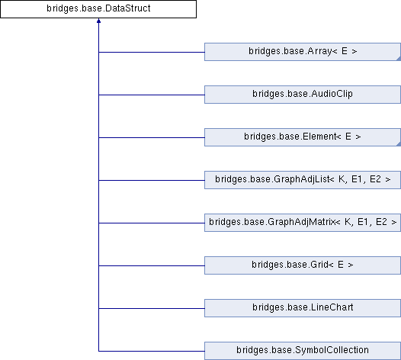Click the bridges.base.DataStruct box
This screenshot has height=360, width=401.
click(x=98, y=9)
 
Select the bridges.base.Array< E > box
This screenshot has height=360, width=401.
click(x=303, y=52)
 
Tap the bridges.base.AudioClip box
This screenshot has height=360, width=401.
click(x=303, y=95)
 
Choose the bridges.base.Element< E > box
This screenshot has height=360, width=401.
click(x=303, y=137)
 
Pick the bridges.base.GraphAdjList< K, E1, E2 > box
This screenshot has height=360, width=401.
click(x=303, y=180)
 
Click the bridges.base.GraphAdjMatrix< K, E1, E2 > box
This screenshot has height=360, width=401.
click(x=303, y=223)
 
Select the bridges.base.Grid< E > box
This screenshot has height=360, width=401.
click(x=303, y=265)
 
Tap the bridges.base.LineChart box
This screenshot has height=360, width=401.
click(x=303, y=308)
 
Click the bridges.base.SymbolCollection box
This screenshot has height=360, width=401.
click(x=303, y=351)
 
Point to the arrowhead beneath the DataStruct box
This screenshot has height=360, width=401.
click(x=98, y=21)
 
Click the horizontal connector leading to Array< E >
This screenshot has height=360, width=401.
click(x=152, y=52)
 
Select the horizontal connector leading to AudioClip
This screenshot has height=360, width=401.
click(x=152, y=95)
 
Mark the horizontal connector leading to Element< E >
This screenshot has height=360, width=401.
click(x=152, y=137)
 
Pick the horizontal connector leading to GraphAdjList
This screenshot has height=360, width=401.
click(x=152, y=181)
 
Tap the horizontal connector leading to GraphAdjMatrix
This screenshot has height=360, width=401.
click(x=152, y=223)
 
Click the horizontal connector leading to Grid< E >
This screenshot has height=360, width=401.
click(x=152, y=266)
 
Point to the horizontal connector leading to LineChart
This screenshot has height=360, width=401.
click(x=152, y=309)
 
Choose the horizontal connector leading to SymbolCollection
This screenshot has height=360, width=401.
click(x=152, y=352)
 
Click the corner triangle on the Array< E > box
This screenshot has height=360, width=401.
click(x=399, y=59)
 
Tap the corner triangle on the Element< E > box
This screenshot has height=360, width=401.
click(x=399, y=145)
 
